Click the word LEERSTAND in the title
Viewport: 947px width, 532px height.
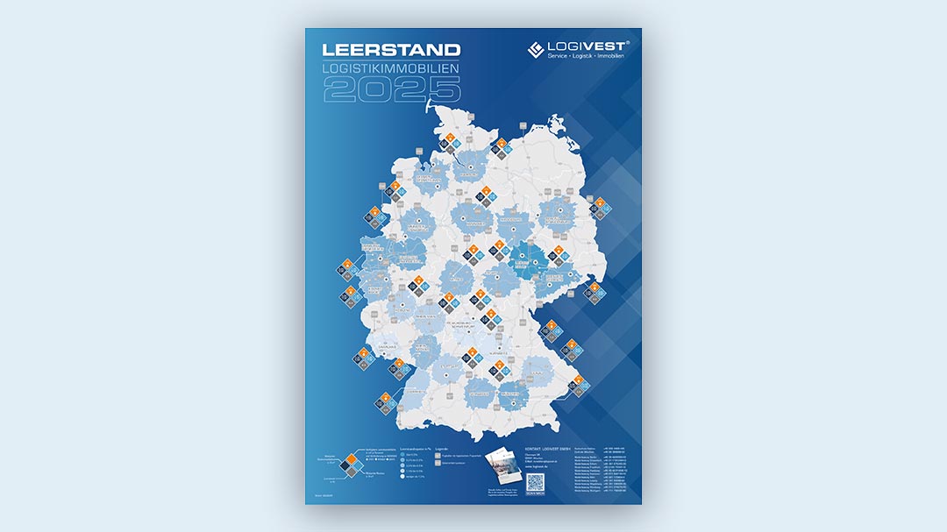click(x=390, y=51)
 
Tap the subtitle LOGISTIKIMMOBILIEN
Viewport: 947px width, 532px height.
click(x=390, y=67)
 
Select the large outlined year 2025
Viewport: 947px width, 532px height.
click(x=390, y=89)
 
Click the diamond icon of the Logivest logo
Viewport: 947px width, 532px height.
click(x=536, y=50)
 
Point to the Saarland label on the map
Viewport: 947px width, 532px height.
click(x=388, y=346)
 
